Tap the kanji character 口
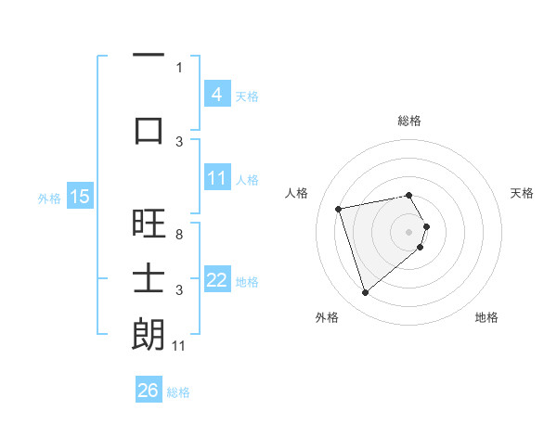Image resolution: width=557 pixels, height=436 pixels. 149,130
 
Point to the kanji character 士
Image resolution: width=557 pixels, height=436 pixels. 149,278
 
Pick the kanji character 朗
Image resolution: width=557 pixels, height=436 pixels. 149,334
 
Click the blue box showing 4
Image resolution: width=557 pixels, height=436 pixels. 216,94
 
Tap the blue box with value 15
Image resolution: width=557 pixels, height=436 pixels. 80,197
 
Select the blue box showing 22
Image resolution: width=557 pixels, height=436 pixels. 216,280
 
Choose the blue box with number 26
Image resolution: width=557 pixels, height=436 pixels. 149,391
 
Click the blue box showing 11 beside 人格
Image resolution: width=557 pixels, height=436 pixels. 216,178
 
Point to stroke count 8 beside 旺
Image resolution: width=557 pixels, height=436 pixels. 179,235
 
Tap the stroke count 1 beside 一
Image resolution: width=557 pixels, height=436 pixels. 179,68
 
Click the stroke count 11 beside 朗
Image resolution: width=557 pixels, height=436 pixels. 179,346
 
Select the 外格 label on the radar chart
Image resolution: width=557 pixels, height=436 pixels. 327,318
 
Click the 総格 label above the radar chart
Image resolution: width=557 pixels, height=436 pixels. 409,121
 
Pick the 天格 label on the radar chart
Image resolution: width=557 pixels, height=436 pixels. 523,193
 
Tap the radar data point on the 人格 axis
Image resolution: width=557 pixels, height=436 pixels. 339,208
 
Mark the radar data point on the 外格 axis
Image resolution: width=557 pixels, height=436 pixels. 365,293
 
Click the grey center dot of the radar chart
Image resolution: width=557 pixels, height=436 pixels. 409,231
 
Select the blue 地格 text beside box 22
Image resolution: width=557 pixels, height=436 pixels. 248,281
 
